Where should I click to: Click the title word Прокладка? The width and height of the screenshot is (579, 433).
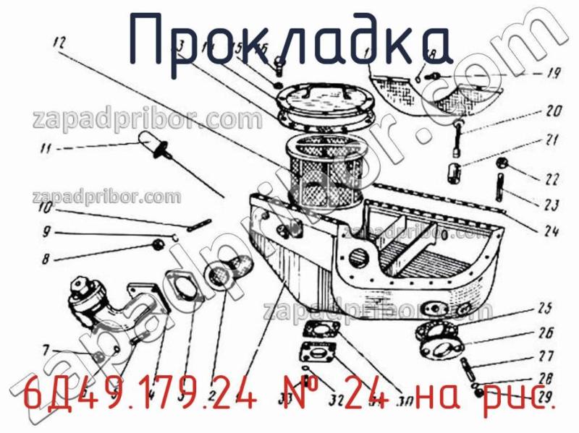[289, 38]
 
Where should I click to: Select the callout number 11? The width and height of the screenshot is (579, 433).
[46, 150]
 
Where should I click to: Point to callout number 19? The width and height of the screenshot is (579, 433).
[551, 73]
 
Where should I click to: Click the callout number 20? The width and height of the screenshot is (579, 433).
[553, 112]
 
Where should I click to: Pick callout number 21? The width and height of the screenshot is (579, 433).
[553, 140]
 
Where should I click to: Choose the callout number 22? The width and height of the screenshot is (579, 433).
[552, 179]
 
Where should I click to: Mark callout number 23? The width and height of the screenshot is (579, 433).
[552, 205]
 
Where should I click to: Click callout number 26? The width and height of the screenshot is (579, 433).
[546, 333]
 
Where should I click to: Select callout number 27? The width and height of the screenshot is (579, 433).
[546, 356]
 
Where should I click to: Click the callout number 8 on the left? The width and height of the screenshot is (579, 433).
[46, 258]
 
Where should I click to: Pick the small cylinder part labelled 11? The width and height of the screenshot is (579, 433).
[148, 149]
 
